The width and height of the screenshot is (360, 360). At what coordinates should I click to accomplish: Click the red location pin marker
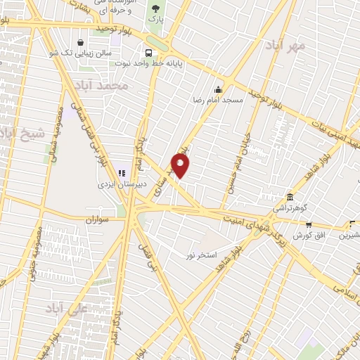pyautogui.click(x=181, y=165)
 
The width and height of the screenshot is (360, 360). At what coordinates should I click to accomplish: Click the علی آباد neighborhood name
pyautogui.click(x=65, y=308)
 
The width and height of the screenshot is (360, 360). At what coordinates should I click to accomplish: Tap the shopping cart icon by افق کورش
pyautogui.click(x=308, y=225)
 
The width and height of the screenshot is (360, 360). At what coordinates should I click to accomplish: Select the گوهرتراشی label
pyautogui.click(x=289, y=209)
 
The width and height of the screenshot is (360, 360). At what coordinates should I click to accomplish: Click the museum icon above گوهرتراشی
pyautogui.click(x=289, y=197)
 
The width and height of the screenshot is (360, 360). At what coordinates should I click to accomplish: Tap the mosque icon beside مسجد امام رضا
pyautogui.click(x=218, y=89)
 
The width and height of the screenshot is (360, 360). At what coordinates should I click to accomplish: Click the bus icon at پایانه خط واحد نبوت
pyautogui.click(x=148, y=53)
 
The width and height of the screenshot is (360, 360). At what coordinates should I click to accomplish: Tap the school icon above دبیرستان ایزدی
pyautogui.click(x=120, y=172)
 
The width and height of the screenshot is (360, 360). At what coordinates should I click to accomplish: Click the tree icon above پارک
pyautogui.click(x=155, y=8)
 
